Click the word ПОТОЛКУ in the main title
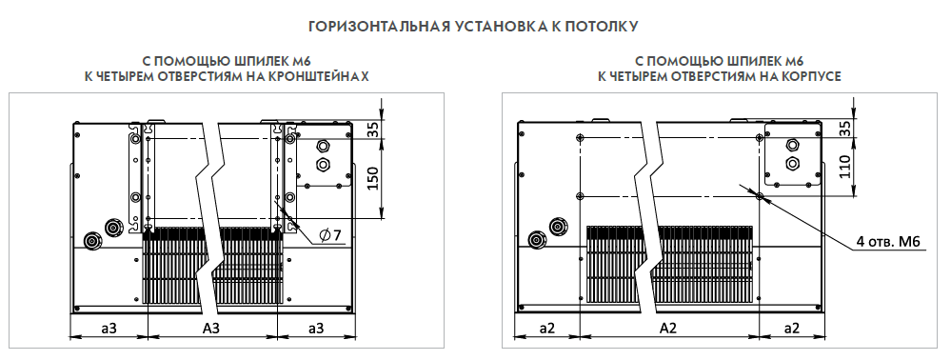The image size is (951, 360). tap(604, 26)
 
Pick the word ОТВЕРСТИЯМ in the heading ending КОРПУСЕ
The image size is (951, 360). tap(699, 76)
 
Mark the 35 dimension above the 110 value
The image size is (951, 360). tap(846, 130)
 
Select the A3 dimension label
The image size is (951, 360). tap(211, 328)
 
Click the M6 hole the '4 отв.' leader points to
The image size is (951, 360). tap(760, 195)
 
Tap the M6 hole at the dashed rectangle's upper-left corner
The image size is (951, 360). tap(581, 138)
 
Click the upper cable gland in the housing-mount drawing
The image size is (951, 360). tap(792, 145)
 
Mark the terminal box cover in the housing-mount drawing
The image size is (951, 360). tap(793, 155)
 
